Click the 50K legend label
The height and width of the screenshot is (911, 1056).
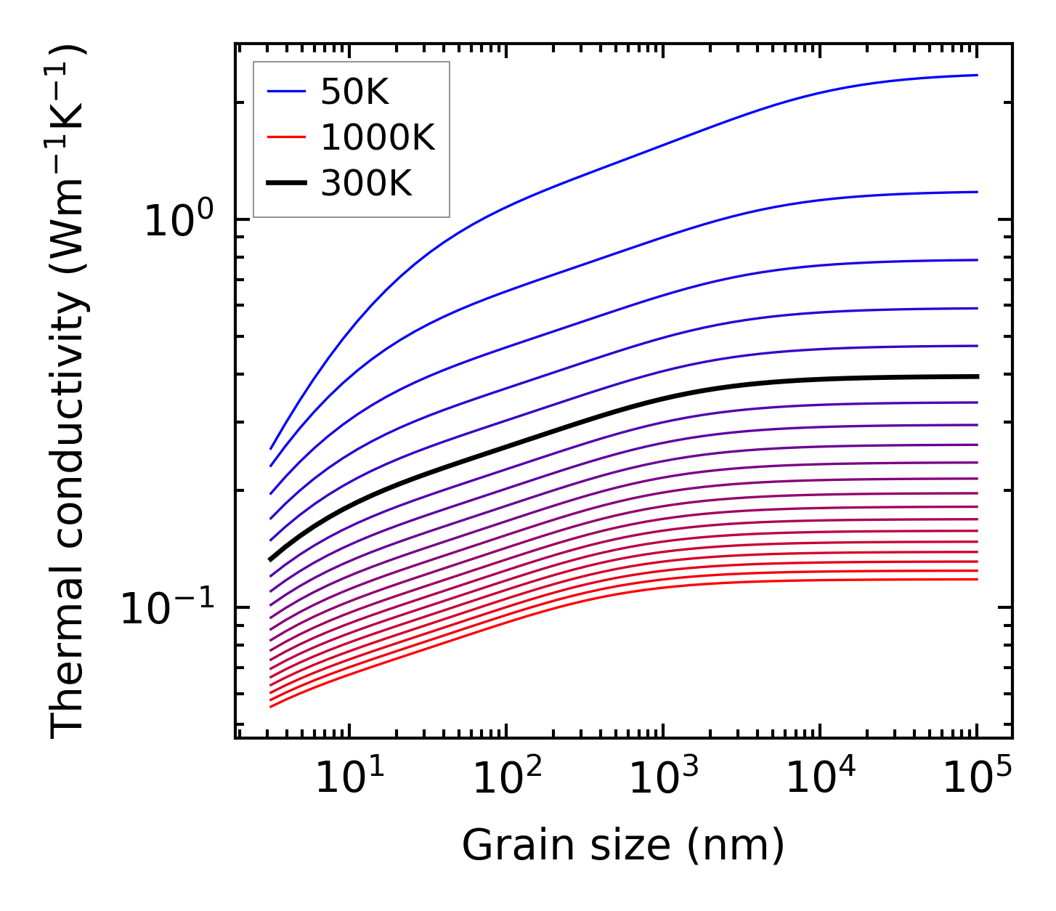click(355, 92)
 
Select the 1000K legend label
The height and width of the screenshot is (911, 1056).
click(378, 137)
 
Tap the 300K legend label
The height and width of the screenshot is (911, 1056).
click(366, 184)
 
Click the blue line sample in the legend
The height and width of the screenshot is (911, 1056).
click(287, 92)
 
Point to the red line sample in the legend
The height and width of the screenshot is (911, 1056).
click(287, 137)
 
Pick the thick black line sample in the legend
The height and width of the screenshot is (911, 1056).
click(287, 184)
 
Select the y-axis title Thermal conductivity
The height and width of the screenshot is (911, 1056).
click(69, 391)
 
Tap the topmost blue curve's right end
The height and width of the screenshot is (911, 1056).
click(977, 75)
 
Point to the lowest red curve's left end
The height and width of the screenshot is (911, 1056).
click(271, 706)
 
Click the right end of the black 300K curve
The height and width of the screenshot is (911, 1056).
click(977, 376)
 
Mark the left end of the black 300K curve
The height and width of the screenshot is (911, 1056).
click(271, 559)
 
